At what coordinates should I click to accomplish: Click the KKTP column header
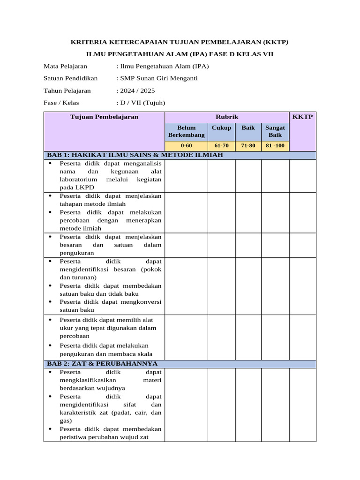click(302, 117)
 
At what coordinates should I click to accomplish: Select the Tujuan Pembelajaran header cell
click(104, 117)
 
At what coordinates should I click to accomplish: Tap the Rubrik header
click(227, 117)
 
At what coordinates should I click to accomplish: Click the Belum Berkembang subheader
click(186, 131)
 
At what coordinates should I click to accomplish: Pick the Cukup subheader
click(221, 127)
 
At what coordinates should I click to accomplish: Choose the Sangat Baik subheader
click(275, 131)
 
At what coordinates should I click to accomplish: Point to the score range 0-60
click(186, 146)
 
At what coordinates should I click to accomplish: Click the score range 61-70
click(221, 146)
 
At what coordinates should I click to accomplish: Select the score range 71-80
click(248, 146)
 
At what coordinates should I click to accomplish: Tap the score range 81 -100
click(275, 146)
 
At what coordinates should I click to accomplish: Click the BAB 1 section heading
click(134, 155)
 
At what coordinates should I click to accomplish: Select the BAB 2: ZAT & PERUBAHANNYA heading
click(102, 364)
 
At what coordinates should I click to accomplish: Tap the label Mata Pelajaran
click(65, 66)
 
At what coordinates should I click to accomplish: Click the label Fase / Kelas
click(61, 103)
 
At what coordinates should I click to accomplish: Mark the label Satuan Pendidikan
click(70, 78)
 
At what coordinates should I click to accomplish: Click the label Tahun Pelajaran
click(67, 90)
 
